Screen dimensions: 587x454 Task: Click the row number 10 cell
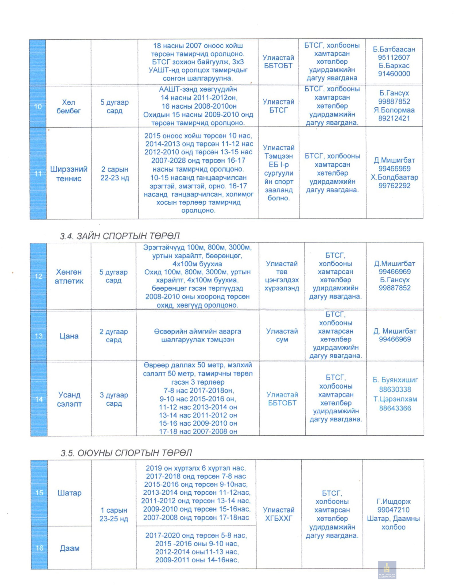coord(38,107)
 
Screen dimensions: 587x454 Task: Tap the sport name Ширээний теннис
coord(69,174)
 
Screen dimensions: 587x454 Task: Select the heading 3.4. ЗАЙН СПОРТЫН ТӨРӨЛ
coord(120,236)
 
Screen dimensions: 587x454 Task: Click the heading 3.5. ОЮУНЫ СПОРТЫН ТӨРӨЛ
coord(126,453)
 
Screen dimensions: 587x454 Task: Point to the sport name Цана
coord(69,336)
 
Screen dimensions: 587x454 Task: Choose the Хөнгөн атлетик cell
coord(69,276)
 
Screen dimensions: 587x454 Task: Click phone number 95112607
coord(394,57)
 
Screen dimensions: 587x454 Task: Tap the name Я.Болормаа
coord(394,110)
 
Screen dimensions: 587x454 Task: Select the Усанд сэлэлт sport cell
coord(69,399)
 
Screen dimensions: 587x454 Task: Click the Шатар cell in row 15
coord(69,493)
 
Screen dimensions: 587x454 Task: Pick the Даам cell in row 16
coord(69,548)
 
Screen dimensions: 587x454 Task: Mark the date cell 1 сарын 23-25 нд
coord(114,515)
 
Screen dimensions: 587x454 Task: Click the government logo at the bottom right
coord(387,570)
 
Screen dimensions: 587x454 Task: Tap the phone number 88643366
coord(395,408)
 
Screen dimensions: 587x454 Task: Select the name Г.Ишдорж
coord(393,501)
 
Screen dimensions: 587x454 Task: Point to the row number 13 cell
coord(39,336)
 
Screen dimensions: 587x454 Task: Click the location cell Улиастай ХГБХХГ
coord(278,514)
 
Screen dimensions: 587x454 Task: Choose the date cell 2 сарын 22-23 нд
coord(115,174)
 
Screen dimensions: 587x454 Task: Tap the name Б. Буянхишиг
coord(395,380)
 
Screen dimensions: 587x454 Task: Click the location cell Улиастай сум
coord(282,335)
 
